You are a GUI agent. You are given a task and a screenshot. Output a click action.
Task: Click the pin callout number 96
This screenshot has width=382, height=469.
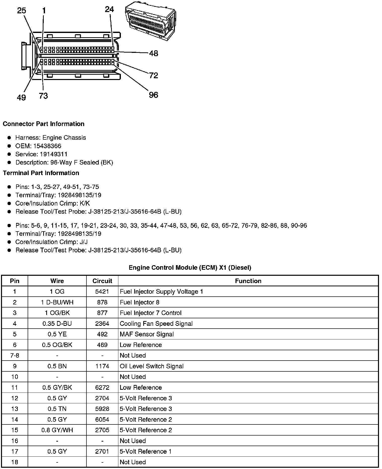[x=153, y=95]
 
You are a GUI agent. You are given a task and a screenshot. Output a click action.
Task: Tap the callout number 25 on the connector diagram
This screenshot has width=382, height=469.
[x=21, y=11]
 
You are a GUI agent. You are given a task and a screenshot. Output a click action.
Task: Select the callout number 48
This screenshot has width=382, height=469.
[x=153, y=53]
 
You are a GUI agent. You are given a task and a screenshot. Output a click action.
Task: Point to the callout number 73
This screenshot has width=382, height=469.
[x=43, y=96]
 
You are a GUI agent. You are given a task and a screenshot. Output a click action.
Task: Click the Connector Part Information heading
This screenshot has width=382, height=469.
[x=43, y=124]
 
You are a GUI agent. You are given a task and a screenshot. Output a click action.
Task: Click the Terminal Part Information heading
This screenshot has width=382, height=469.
[x=41, y=173]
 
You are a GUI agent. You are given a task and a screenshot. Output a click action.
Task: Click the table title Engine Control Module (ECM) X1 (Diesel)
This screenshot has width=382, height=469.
[x=190, y=267]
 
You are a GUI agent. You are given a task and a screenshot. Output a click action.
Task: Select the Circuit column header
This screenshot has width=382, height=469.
[x=102, y=281]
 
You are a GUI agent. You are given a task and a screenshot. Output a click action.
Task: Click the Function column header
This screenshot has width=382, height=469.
[x=248, y=281]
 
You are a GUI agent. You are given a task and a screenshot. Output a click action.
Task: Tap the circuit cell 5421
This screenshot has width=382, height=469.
[x=102, y=292]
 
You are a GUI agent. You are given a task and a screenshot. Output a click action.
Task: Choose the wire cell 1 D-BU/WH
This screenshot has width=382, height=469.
[x=57, y=302]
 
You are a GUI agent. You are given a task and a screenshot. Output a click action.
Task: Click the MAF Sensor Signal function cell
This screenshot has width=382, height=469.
[x=147, y=334]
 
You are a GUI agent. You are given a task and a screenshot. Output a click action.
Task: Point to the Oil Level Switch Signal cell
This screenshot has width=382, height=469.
[x=152, y=366]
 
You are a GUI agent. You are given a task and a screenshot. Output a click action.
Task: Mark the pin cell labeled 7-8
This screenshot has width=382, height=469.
[x=15, y=356]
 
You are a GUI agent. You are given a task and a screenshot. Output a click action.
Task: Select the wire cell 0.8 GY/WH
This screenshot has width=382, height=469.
[x=57, y=430]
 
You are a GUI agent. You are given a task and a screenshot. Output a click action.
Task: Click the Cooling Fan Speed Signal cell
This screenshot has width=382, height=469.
[x=156, y=324]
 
